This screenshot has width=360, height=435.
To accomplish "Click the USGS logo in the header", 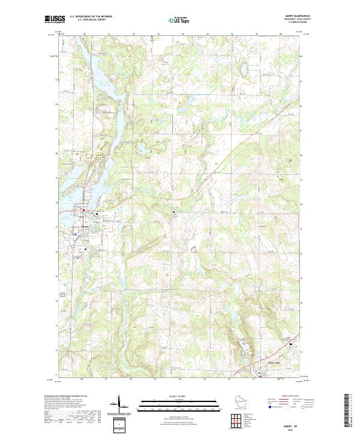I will [55, 20].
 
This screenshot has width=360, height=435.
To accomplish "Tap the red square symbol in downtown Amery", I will [85, 212].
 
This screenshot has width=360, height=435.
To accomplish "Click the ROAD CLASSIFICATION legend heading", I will [291, 397].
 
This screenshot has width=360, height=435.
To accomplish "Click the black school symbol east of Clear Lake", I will [292, 344].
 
